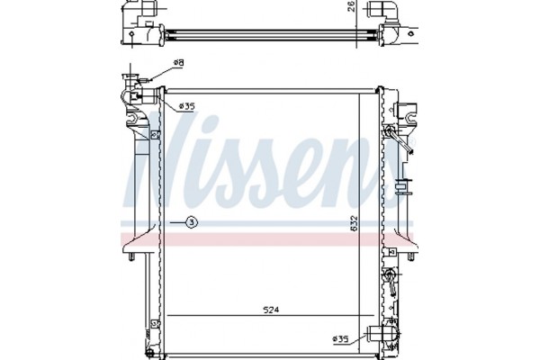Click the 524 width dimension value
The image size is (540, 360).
click(273, 310)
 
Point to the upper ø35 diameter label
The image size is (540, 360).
click(186, 106)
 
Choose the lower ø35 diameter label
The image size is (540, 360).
click(340, 338)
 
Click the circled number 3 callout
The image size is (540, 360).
click(191, 221)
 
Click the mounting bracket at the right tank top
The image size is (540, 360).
click(402, 112)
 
